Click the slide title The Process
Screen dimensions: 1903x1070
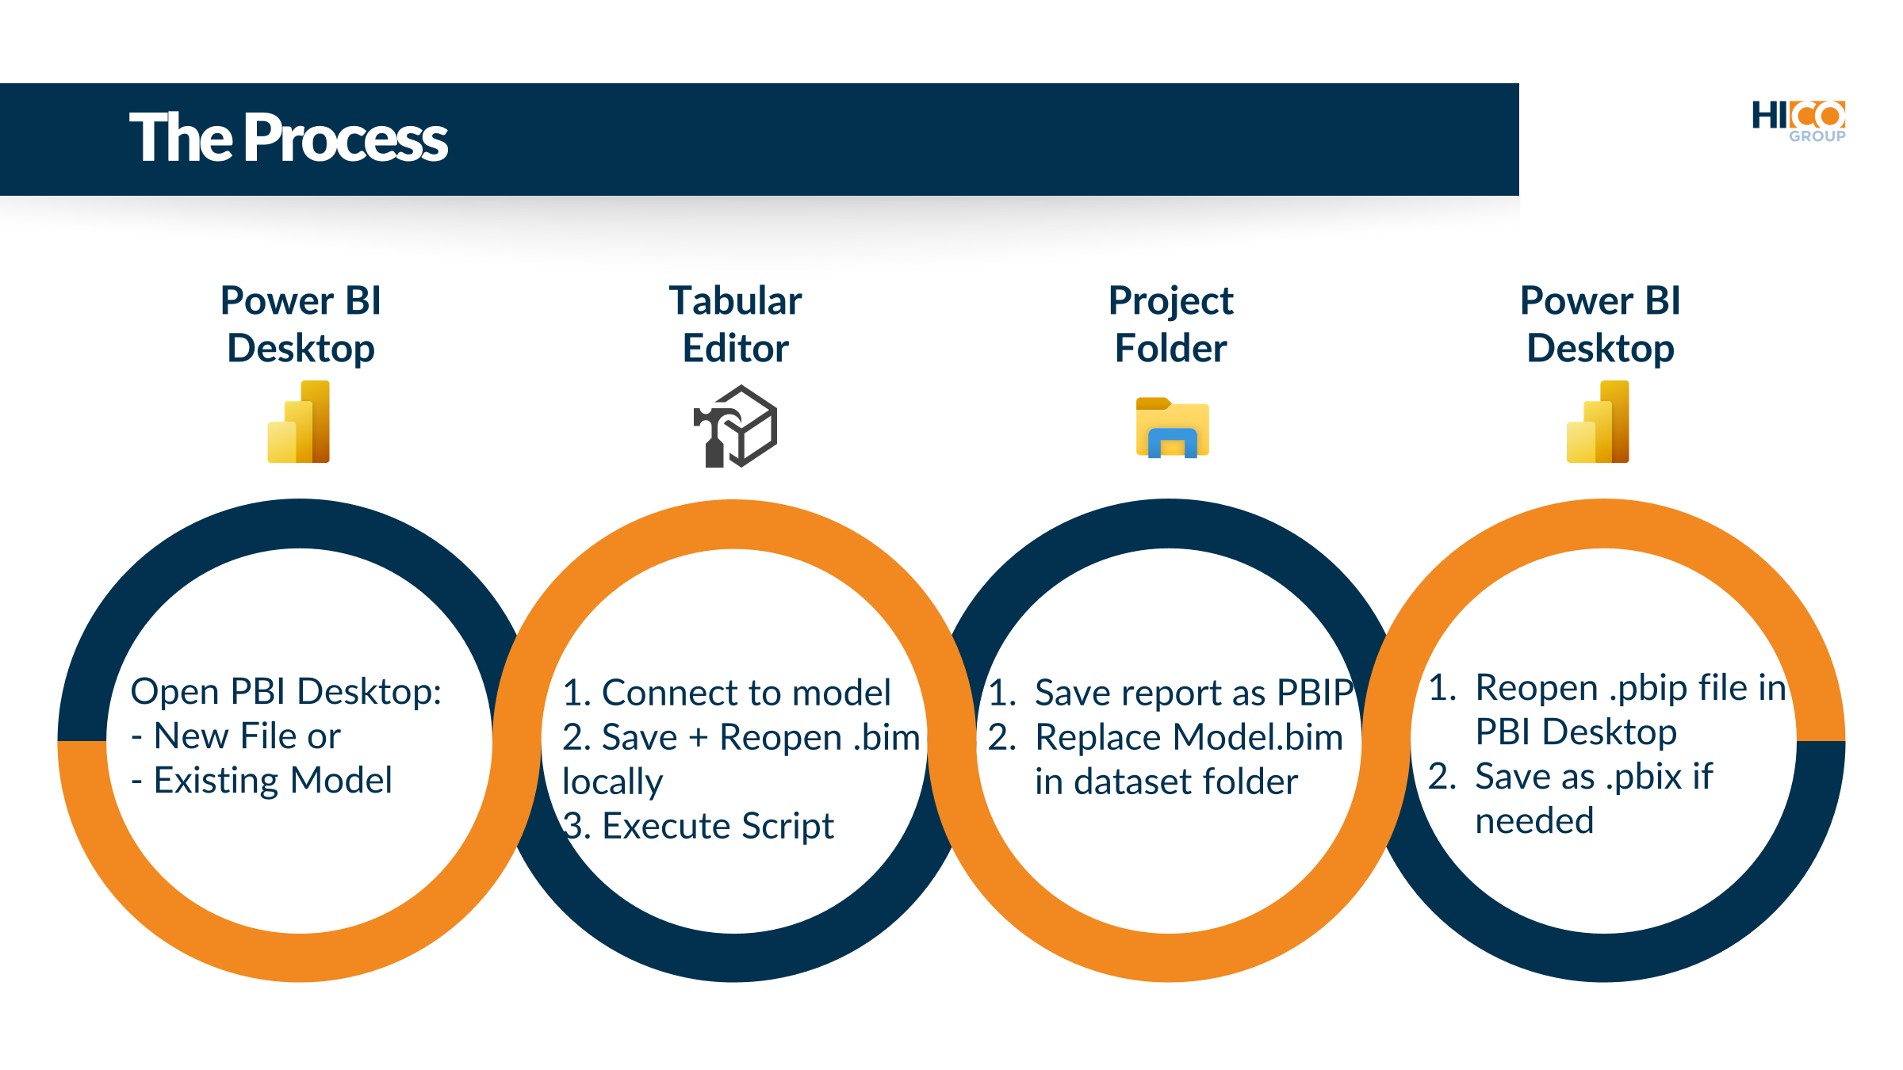[x=289, y=138]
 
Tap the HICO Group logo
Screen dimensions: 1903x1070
[x=1798, y=121]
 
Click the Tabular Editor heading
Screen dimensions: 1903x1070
[x=735, y=324]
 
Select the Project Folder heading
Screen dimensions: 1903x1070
[x=1170, y=324]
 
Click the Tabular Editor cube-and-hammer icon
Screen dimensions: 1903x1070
[x=735, y=426]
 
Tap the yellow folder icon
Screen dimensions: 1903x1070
[x=1172, y=427]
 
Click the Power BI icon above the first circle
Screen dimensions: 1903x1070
[x=298, y=422]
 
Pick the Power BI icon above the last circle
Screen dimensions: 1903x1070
[x=1598, y=422]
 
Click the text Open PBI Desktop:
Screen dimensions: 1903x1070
[x=286, y=692]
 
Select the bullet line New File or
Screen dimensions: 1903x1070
[x=235, y=736]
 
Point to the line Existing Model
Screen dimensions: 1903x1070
[x=262, y=781]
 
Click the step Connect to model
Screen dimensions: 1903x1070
[x=727, y=693]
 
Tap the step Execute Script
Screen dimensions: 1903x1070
[x=698, y=826]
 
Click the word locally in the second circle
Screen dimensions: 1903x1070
[x=612, y=782]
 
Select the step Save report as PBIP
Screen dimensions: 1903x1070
[x=1170, y=693]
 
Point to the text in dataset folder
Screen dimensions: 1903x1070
[x=1166, y=781]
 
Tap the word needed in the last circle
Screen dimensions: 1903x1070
[x=1534, y=821]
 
